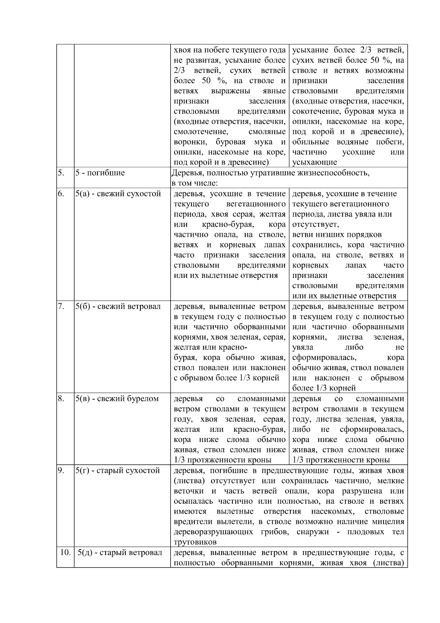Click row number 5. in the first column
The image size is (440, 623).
(x=60, y=173)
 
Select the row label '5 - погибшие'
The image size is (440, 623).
(x=100, y=173)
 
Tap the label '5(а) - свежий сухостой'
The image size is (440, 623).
(x=118, y=194)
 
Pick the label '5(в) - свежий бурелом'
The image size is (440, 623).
(x=117, y=399)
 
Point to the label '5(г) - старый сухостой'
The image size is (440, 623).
(x=118, y=471)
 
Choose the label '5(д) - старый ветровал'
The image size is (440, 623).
(x=120, y=553)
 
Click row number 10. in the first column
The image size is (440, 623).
(x=65, y=553)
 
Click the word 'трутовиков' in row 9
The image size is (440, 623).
(x=195, y=542)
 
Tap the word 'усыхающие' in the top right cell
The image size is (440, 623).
(x=315, y=162)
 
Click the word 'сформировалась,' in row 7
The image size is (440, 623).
(x=324, y=358)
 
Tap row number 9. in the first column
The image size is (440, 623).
(x=60, y=471)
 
